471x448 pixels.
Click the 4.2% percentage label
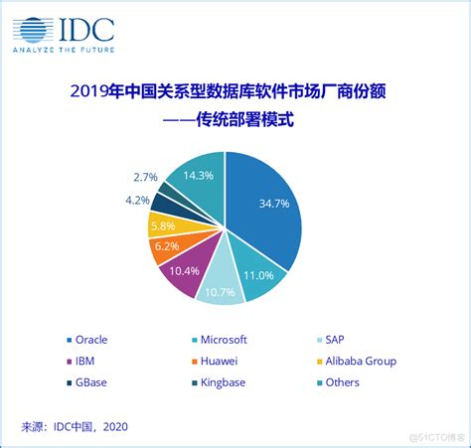(137, 200)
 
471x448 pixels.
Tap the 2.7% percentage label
(144, 177)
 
